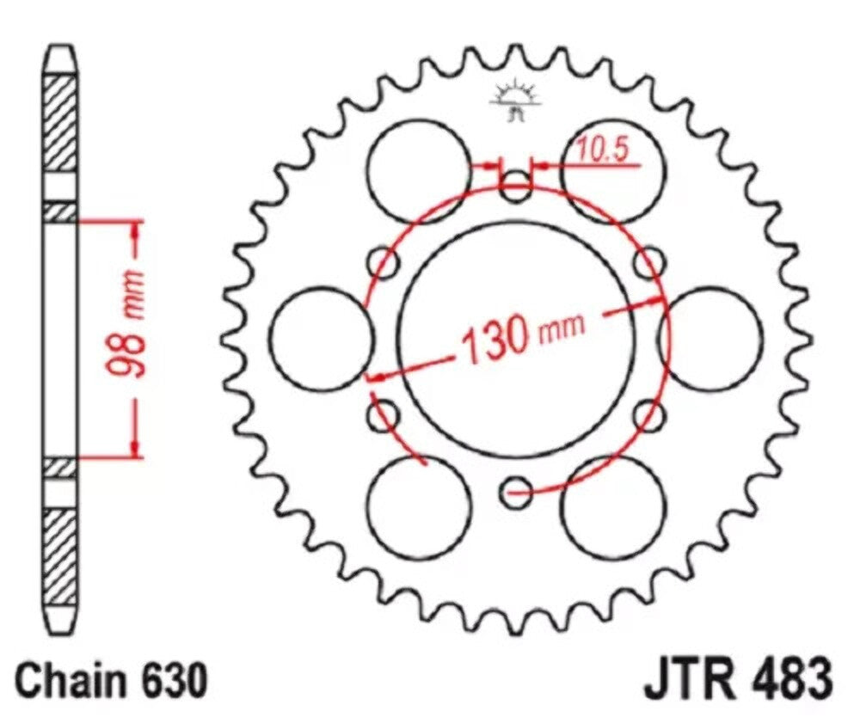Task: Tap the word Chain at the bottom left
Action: pyautogui.click(x=75, y=682)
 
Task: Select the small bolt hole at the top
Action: pyautogui.click(x=517, y=185)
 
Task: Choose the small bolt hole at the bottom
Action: pyautogui.click(x=517, y=491)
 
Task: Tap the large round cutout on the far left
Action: pyautogui.click(x=321, y=336)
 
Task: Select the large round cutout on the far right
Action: pyautogui.click(x=712, y=336)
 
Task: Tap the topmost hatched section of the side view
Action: pyautogui.click(x=60, y=122)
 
